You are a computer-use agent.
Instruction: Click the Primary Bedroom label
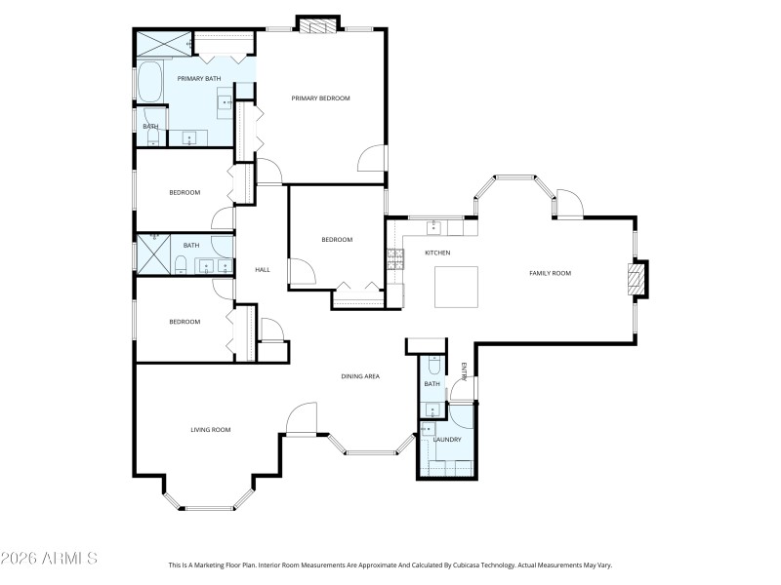tap(320, 98)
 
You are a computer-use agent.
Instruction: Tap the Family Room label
tap(550, 273)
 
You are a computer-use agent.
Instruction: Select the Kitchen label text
tap(436, 253)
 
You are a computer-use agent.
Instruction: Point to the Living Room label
tap(210, 429)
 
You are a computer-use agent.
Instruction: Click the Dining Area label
tap(359, 376)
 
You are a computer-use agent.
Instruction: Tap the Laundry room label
tap(447, 439)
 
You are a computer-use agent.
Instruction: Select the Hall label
tap(262, 270)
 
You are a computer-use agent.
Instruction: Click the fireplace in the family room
tap(637, 279)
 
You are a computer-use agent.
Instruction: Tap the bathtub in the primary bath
tap(150, 82)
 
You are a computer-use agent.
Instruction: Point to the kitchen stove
tap(395, 258)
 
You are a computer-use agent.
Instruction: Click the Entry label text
tap(465, 370)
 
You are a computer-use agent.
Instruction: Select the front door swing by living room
tap(301, 419)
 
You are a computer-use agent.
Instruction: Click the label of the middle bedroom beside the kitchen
tap(337, 240)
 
